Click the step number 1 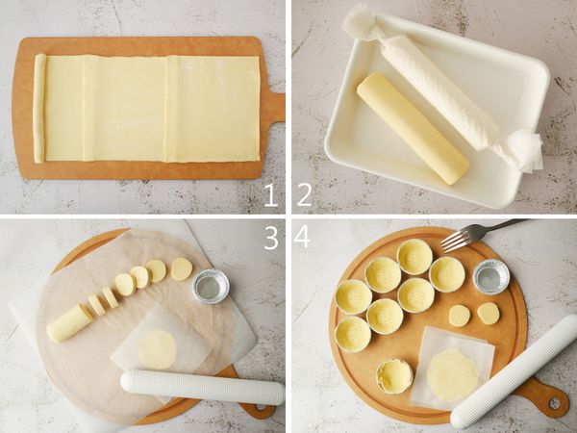tap(271, 194)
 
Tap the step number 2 tap(304, 194)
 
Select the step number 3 tap(271, 238)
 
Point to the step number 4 tap(302, 237)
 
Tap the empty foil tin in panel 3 tap(211, 286)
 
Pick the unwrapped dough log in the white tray tap(413, 128)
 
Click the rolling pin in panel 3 tap(202, 388)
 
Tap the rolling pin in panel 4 tap(514, 370)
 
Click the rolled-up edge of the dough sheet tap(39, 108)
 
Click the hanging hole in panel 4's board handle tap(555, 403)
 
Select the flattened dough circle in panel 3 tap(157, 349)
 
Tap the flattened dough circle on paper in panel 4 tap(453, 375)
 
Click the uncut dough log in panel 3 tap(69, 323)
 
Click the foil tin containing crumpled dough tap(394, 375)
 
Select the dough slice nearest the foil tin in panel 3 tap(182, 268)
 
